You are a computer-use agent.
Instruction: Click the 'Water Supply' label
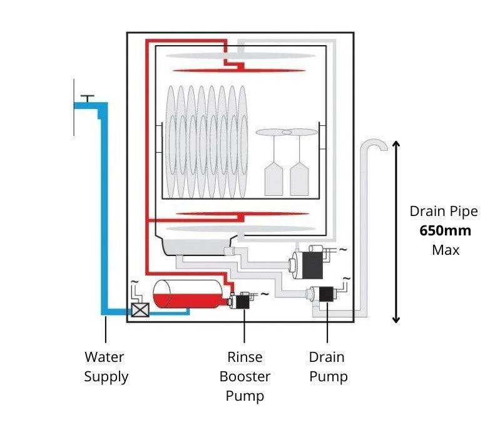[106, 367]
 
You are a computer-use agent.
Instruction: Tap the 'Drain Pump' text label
[327, 367]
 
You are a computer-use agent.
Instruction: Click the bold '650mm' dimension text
[445, 230]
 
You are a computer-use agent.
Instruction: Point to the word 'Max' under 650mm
[445, 250]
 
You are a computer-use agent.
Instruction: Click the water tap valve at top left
[88, 100]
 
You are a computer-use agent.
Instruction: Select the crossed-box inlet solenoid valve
[140, 310]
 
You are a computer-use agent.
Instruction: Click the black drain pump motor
[325, 293]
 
